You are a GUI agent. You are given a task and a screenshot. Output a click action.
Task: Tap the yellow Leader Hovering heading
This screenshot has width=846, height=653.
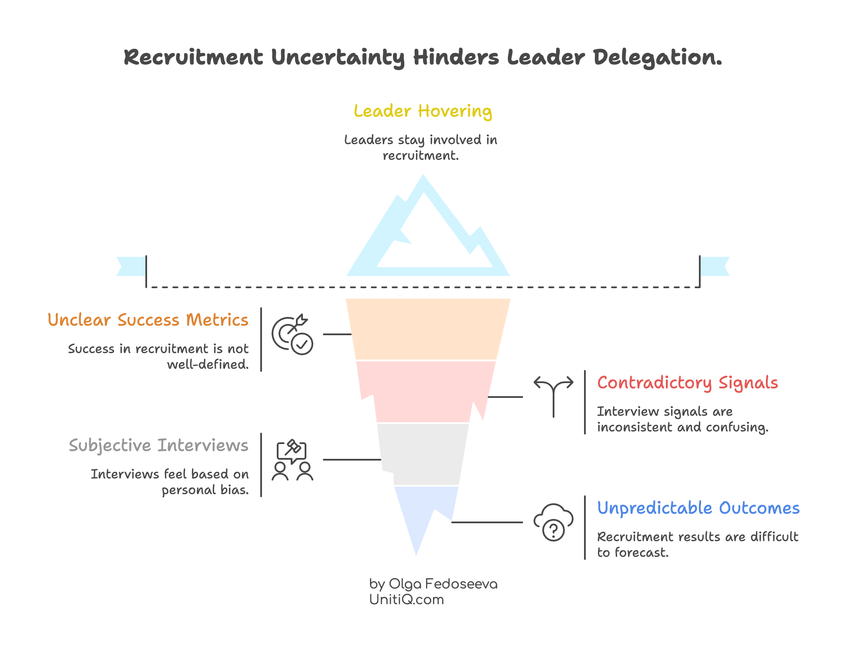[423, 111]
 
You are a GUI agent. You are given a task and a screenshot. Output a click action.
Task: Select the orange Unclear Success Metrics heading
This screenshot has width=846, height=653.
[148, 320]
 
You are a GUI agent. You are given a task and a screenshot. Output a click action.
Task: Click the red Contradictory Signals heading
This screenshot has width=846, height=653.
[687, 383]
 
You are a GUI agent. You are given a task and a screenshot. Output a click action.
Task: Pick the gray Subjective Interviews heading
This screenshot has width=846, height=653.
[158, 446]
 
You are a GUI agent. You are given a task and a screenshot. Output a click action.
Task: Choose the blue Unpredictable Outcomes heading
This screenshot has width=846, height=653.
[698, 508]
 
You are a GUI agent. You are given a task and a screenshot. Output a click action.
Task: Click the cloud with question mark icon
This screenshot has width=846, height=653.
[553, 522]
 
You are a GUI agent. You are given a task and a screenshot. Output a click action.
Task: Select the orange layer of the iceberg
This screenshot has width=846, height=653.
[428, 329]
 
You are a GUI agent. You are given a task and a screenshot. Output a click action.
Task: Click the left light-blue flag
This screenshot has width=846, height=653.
[131, 266]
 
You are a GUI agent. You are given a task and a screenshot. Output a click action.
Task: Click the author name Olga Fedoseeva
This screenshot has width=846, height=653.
[443, 584]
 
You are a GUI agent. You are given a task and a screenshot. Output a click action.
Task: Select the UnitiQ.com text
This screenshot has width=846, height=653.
[406, 600]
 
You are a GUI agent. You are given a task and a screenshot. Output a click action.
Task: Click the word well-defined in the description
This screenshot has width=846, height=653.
[208, 365]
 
